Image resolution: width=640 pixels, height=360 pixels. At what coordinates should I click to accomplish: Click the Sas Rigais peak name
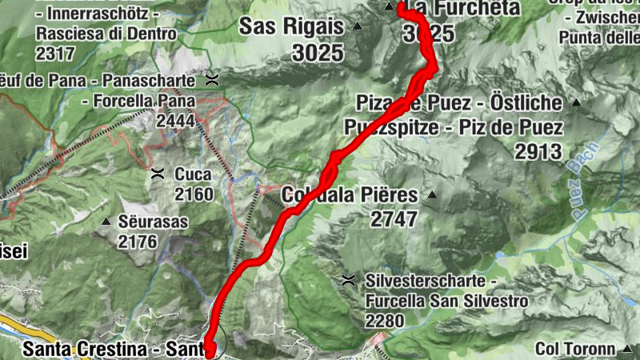pyautogui.click(x=291, y=26)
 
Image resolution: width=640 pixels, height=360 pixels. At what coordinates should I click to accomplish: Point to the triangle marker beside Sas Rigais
pyautogui.click(x=357, y=27)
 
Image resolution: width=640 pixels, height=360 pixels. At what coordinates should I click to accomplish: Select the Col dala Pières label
pyautogui.click(x=350, y=195)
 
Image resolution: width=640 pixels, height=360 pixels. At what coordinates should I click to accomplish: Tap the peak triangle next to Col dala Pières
pyautogui.click(x=432, y=194)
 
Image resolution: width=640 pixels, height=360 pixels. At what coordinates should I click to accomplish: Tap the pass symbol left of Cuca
pyautogui.click(x=158, y=173)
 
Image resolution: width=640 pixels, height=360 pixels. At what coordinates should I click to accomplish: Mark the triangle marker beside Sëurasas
pyautogui.click(x=106, y=221)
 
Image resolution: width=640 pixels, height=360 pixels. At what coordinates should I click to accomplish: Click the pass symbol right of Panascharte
pyautogui.click(x=212, y=79)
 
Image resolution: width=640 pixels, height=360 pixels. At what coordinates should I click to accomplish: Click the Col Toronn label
pyautogui.click(x=575, y=349)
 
